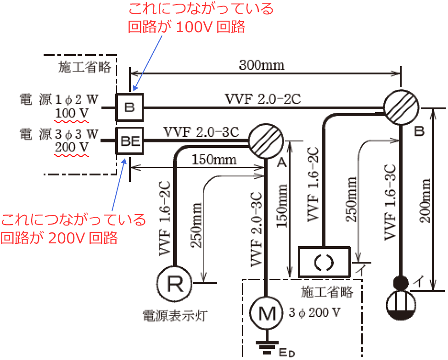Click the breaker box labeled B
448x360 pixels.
click(129, 108)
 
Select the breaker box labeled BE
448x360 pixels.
click(129, 140)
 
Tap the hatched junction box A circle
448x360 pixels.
click(266, 140)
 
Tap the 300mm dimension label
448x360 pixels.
click(262, 65)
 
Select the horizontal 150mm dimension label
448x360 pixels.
click(214, 159)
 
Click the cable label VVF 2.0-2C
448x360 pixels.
click(263, 98)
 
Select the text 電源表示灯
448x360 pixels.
click(175, 315)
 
